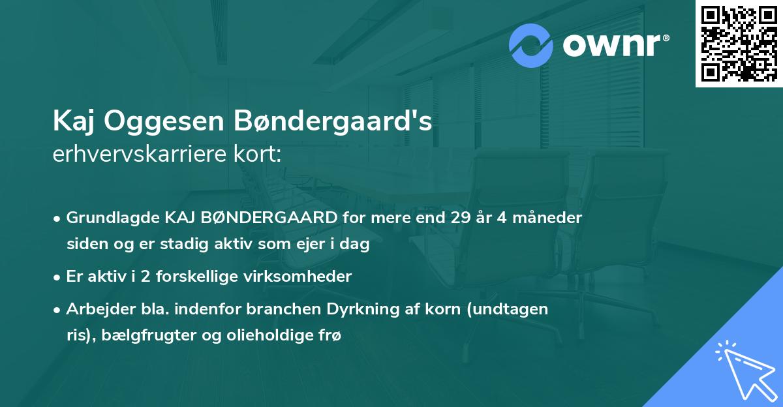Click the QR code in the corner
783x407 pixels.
click(739, 44)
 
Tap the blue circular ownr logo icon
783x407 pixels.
click(531, 45)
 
